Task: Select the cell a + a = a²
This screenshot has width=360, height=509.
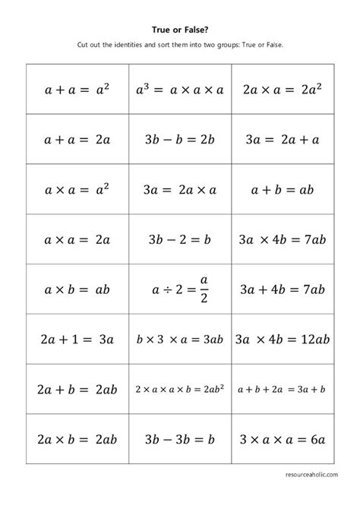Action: click(x=77, y=89)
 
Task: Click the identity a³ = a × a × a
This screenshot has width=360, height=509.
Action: click(x=180, y=89)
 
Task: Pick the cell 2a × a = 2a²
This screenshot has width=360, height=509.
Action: click(x=283, y=89)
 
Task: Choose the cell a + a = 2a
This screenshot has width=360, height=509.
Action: click(x=77, y=139)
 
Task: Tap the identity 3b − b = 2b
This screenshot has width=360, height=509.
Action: click(x=180, y=139)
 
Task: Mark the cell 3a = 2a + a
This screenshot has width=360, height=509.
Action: click(x=283, y=139)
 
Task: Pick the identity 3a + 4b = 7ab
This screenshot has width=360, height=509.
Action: click(x=283, y=289)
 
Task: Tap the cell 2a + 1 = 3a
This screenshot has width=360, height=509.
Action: click(x=77, y=339)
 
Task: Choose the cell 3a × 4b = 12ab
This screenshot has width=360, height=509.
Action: click(x=283, y=339)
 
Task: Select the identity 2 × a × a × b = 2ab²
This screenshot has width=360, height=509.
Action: click(x=180, y=389)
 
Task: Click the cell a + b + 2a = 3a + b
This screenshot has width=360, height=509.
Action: click(x=283, y=389)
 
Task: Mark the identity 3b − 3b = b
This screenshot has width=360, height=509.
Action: click(x=180, y=439)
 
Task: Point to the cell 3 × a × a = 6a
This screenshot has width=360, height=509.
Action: click(x=283, y=439)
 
